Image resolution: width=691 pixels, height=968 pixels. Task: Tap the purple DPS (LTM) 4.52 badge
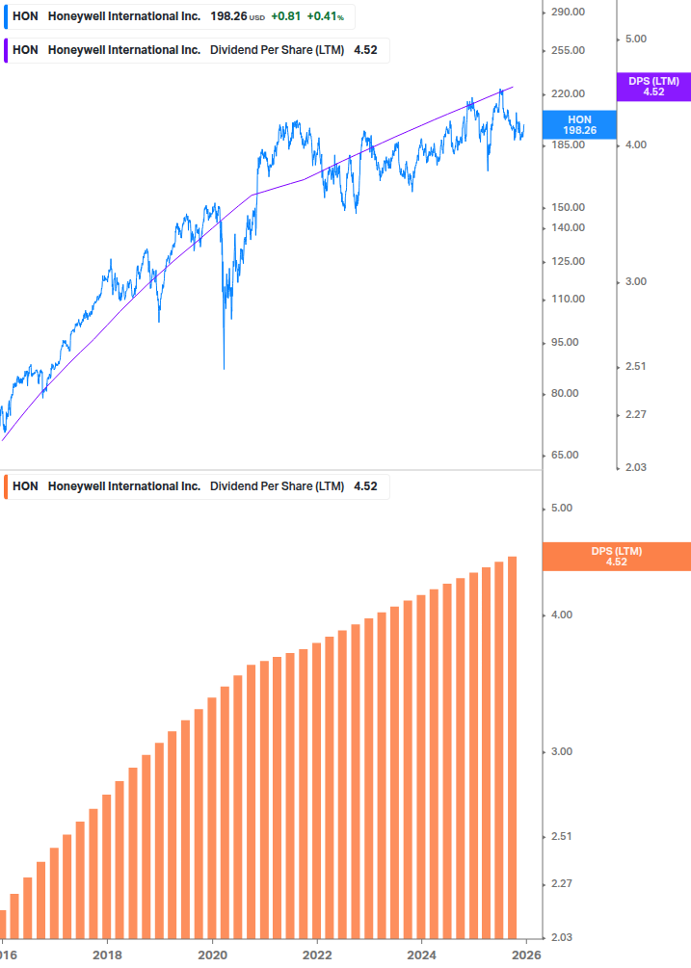[653, 87]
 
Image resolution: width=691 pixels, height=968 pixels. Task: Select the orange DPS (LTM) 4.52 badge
[617, 556]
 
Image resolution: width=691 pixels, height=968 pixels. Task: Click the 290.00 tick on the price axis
[568, 12]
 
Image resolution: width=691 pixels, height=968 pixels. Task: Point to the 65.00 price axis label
[568, 455]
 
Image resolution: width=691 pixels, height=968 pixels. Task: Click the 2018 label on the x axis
[107, 955]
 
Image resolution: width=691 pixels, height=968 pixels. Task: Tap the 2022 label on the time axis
[317, 955]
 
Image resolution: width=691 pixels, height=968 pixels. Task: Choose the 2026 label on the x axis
[525, 955]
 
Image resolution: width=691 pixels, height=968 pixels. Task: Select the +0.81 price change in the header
[285, 16]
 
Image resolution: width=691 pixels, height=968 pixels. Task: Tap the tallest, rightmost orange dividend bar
[513, 746]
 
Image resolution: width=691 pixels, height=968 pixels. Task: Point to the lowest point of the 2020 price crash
[224, 368]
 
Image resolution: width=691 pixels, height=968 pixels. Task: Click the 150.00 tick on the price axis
[568, 207]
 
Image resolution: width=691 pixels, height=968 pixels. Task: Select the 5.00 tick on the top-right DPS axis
[635, 39]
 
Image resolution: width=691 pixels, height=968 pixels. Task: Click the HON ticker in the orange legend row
[25, 486]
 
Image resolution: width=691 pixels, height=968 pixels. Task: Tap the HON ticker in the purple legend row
[25, 50]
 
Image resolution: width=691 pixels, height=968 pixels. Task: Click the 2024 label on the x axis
[421, 955]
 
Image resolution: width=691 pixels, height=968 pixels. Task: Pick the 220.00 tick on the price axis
[568, 93]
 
